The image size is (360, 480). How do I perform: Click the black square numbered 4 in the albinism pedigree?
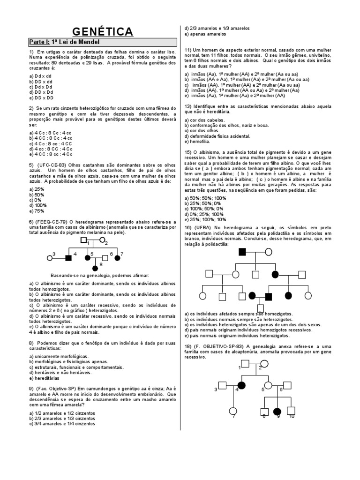pyautogui.click(x=68, y=257)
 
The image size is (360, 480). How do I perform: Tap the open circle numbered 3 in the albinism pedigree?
pyautogui.click(x=49, y=257)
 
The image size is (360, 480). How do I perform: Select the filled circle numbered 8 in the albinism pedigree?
pyautogui.click(x=95, y=268)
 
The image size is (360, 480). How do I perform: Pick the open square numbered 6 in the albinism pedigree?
pyautogui.click(x=105, y=257)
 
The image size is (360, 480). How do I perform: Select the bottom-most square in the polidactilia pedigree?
pyautogui.click(x=260, y=307)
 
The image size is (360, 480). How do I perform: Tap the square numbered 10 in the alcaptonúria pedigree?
pyautogui.click(x=291, y=411)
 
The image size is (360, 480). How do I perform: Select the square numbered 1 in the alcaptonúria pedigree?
pyautogui.click(x=245, y=364)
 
